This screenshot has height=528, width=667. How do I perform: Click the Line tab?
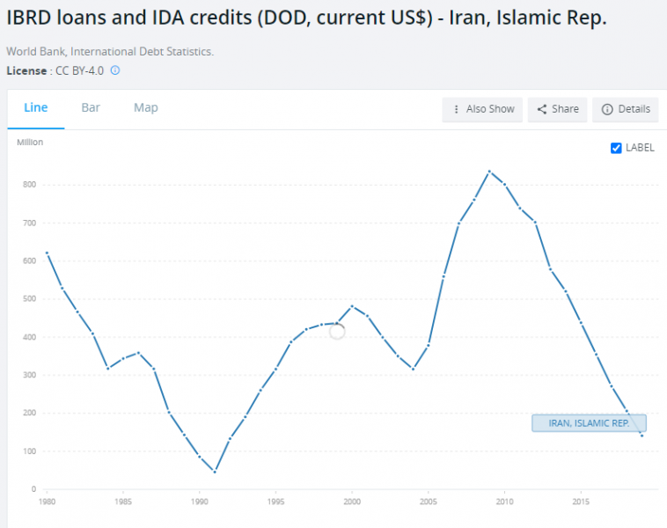click(36, 107)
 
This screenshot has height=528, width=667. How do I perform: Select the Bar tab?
click(91, 107)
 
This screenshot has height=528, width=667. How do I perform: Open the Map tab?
click(146, 107)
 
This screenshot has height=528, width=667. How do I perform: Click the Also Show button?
click(483, 109)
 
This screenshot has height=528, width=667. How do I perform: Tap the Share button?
click(558, 109)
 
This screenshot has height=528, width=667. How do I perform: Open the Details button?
click(626, 109)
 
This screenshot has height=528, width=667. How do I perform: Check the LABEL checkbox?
click(616, 148)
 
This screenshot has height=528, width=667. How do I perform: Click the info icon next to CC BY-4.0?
click(114, 70)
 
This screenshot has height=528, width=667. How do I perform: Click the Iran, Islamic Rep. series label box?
click(589, 423)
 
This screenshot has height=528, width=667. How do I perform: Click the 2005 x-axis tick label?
click(429, 503)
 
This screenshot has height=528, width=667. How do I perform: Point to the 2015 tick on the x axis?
click(582, 503)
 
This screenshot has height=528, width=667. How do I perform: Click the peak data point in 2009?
click(489, 172)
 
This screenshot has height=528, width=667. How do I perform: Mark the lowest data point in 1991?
click(215, 472)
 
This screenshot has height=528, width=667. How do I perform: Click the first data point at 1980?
click(47, 253)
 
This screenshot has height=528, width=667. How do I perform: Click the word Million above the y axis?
click(30, 142)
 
